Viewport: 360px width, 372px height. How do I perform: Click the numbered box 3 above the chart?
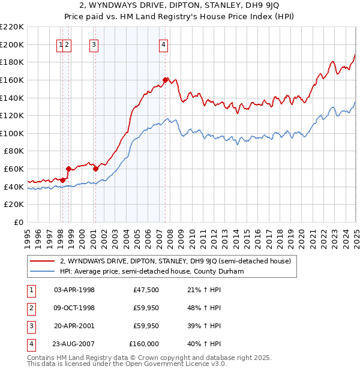(x=95, y=44)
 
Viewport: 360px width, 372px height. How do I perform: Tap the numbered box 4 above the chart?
(x=164, y=44)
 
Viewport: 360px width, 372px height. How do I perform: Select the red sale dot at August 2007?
(x=166, y=79)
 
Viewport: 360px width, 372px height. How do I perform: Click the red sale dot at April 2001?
(x=96, y=169)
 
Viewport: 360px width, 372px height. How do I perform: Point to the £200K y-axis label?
(x=13, y=44)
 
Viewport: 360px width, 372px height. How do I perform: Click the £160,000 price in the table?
(x=144, y=344)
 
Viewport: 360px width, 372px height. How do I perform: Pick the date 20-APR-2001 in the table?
(x=74, y=326)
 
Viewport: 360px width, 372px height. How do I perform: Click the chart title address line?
(x=179, y=5)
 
